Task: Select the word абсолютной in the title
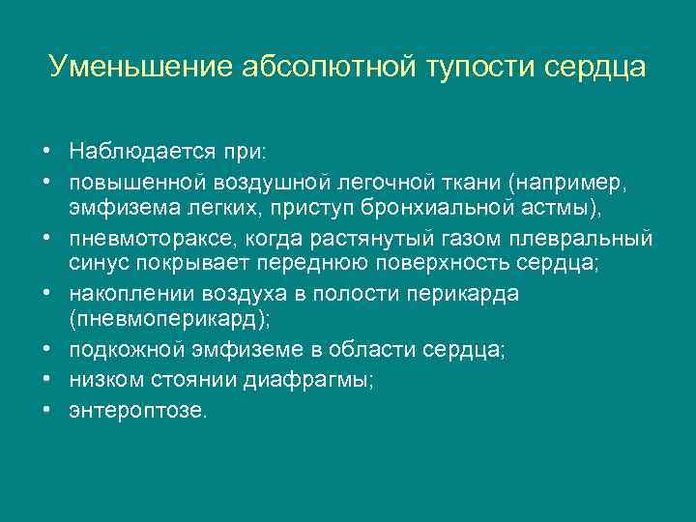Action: point(318,68)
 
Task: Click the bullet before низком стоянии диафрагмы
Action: point(46,380)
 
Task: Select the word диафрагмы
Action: point(316,380)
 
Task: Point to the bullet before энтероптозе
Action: point(46,409)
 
